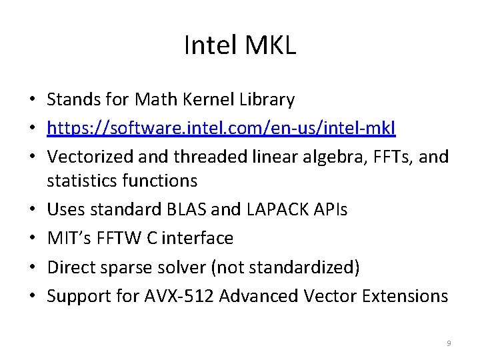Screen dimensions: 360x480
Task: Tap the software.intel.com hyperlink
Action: (x=221, y=128)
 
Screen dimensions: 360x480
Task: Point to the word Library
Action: (x=269, y=100)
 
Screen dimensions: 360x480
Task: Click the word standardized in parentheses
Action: (x=303, y=267)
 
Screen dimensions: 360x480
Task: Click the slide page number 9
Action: (x=449, y=343)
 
